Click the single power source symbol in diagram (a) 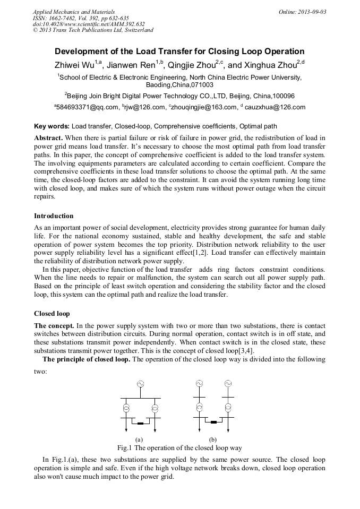141,384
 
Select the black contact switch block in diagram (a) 141,424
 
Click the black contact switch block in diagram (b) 213,422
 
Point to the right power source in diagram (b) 228,383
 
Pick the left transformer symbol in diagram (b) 199,408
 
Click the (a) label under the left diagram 140,439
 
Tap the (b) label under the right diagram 213,439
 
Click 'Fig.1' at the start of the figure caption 125,448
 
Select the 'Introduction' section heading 54,216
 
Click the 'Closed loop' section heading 52,314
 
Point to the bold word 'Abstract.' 49,137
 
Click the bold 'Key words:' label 52,126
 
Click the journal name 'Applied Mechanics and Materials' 73,12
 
